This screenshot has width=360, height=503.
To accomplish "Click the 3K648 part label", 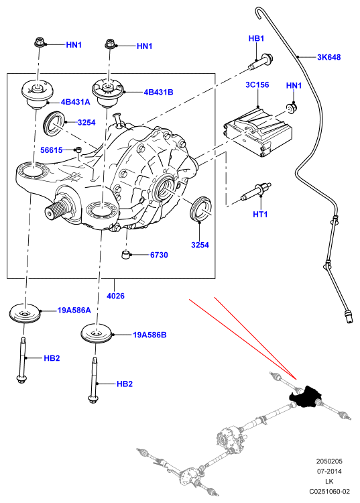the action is click(329, 57).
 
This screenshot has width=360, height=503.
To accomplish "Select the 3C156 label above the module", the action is click(257, 85).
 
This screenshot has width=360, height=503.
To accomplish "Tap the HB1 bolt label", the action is click(256, 38).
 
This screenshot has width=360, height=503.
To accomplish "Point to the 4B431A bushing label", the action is click(75, 102).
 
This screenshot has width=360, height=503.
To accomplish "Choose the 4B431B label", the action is click(158, 92).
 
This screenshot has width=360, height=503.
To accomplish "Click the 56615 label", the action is click(52, 150).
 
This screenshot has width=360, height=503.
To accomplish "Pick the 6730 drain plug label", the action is click(159, 255).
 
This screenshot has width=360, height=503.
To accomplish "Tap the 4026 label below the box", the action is click(115, 296).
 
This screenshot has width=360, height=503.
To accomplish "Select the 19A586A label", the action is click(74, 311).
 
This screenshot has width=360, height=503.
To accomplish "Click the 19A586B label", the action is click(149, 335).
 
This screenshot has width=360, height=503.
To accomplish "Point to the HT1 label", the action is click(260, 214).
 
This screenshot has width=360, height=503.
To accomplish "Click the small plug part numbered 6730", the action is click(125, 256).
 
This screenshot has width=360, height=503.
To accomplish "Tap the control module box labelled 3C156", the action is click(257, 131).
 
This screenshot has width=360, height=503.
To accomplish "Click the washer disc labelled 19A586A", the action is click(24, 313).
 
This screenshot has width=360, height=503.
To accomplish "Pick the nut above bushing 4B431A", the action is click(39, 42).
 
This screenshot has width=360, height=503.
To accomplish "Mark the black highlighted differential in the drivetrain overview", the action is click(304, 396).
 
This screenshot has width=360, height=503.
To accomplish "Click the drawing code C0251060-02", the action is click(329, 491).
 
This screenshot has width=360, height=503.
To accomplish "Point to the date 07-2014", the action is click(329, 471).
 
